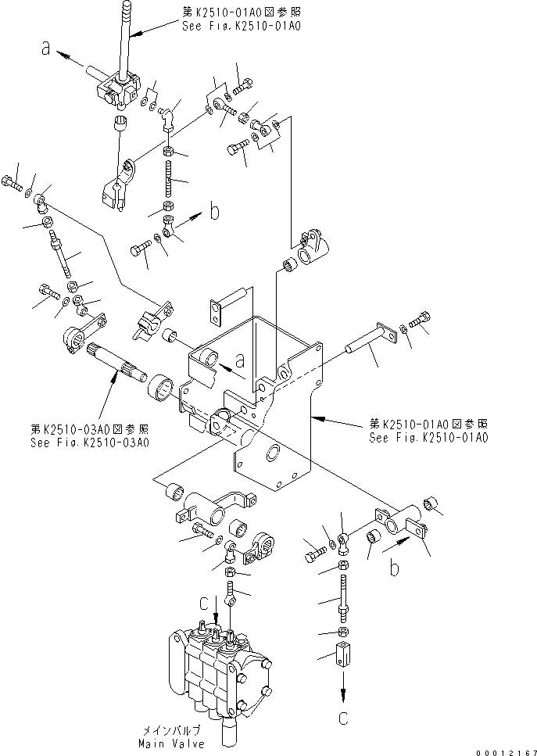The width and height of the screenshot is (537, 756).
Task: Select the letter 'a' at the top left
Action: coord(47,49)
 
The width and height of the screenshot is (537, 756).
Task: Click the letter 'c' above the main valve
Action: coord(203,604)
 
